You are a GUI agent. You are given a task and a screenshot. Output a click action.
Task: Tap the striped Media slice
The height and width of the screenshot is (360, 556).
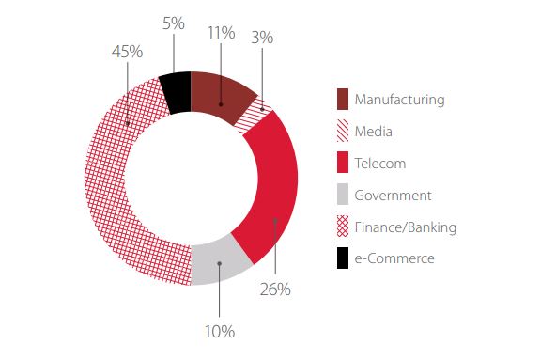click(254, 116)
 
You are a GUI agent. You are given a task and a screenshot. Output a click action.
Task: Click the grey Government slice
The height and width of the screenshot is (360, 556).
click(219, 262)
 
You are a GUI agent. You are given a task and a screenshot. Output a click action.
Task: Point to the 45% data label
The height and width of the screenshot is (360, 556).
click(128, 52)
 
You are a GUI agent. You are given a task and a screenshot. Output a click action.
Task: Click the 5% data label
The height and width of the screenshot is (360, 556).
click(174, 23)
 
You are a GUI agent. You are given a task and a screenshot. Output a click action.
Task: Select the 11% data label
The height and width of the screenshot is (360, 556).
click(221, 33)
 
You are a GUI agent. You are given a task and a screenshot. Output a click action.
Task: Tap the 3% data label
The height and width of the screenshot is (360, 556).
click(262, 38)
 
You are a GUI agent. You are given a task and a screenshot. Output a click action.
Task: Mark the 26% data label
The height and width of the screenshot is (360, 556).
click(275, 290)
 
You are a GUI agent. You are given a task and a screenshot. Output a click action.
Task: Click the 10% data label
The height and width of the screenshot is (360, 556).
click(220, 332)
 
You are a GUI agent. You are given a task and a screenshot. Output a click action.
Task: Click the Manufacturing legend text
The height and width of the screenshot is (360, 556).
click(400, 100)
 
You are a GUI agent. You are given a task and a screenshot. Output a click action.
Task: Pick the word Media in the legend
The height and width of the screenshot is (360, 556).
click(374, 132)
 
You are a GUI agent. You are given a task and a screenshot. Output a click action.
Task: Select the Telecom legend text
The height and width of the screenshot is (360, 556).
click(380, 164)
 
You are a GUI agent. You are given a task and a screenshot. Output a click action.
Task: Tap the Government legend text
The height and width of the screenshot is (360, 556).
click(393, 196)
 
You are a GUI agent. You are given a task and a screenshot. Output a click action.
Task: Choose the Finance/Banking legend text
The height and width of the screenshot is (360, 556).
click(406, 227)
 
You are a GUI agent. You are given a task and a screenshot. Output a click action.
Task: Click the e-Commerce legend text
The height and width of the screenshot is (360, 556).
click(394, 258)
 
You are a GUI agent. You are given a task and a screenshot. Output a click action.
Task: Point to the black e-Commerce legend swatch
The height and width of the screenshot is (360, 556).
click(343, 258)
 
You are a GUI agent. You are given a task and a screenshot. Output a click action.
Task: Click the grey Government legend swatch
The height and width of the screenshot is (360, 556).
click(343, 195)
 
